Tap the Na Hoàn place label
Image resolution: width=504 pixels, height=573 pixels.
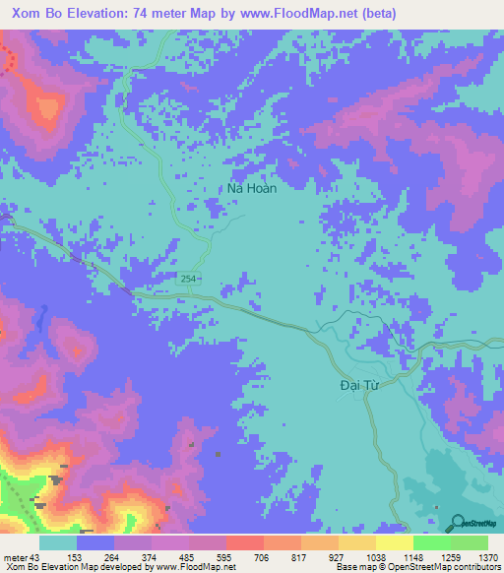point(252,188)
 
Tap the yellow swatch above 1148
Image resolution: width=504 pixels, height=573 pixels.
point(394,542)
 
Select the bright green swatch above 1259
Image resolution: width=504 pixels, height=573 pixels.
point(431,542)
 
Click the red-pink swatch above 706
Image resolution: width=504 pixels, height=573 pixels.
point(244,542)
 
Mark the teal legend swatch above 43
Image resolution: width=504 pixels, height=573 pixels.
point(58,542)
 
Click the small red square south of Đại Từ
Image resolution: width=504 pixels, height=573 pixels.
point(436,507)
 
